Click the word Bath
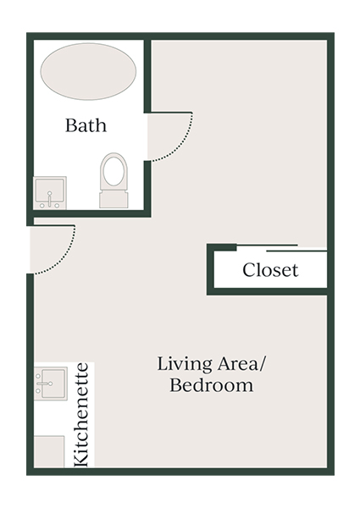point(86,126)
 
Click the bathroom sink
point(50,192)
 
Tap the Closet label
point(270,271)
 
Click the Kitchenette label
point(82,414)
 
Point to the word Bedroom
point(212,386)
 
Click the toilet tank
point(114,199)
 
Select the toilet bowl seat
point(114,172)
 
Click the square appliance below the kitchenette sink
point(49,451)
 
